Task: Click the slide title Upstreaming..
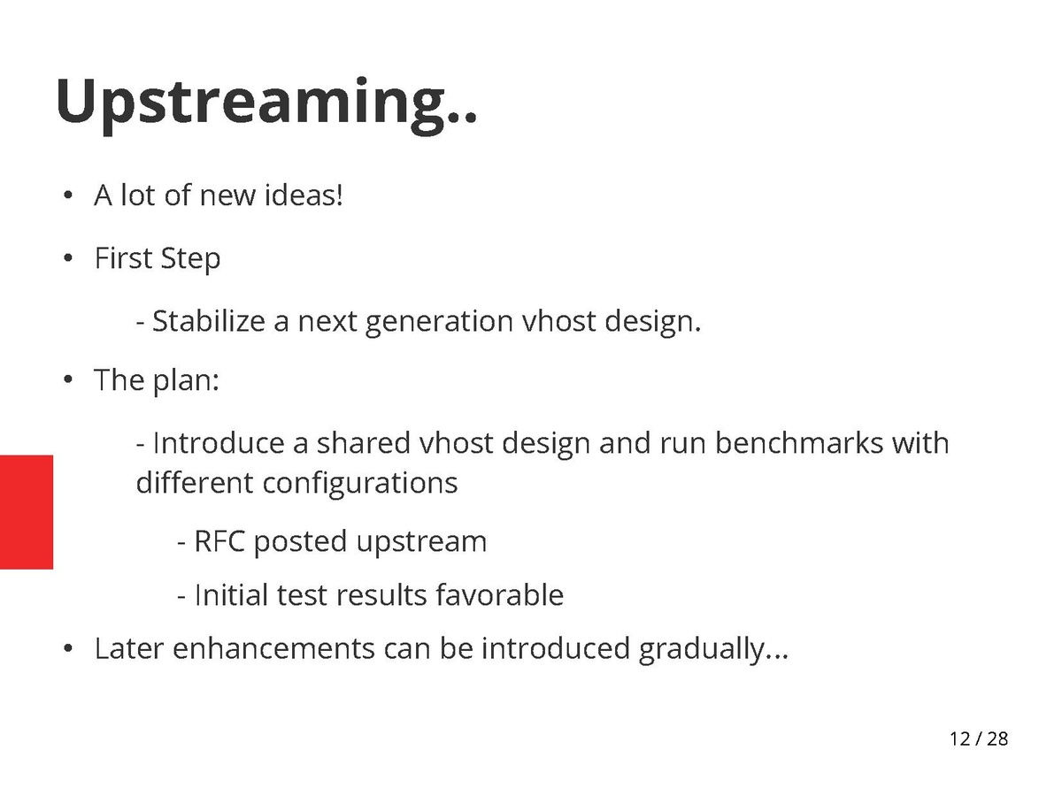[266, 103]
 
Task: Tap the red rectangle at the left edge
[27, 512]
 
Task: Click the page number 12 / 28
[979, 739]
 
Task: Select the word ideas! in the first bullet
[304, 195]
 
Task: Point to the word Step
[190, 258]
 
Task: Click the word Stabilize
[209, 321]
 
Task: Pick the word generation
[439, 322]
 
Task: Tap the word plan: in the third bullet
[186, 380]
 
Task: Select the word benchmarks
[799, 443]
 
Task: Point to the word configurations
[359, 484]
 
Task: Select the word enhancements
[273, 648]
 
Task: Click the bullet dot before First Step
[68, 258]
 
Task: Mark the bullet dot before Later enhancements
[68, 648]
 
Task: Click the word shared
[363, 443]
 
